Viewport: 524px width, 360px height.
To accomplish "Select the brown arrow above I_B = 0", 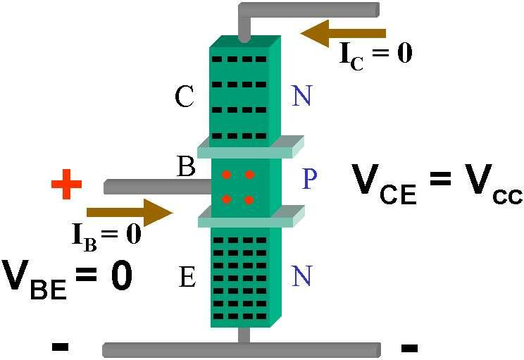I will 130,212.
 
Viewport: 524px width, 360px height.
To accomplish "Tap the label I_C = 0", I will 376,54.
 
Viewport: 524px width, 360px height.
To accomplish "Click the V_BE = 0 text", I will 67,277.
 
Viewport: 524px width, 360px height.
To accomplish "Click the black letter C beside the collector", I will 184,98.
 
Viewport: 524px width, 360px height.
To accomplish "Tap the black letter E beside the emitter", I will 187,278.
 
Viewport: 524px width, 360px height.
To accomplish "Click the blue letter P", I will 310,180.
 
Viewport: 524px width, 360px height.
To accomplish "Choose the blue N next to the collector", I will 301,97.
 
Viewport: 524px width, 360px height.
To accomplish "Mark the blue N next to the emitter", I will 301,277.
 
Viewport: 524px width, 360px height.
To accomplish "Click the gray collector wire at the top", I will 310,10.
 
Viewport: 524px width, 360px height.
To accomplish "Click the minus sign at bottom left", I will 60,346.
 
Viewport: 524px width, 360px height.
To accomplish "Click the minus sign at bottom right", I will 408,347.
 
